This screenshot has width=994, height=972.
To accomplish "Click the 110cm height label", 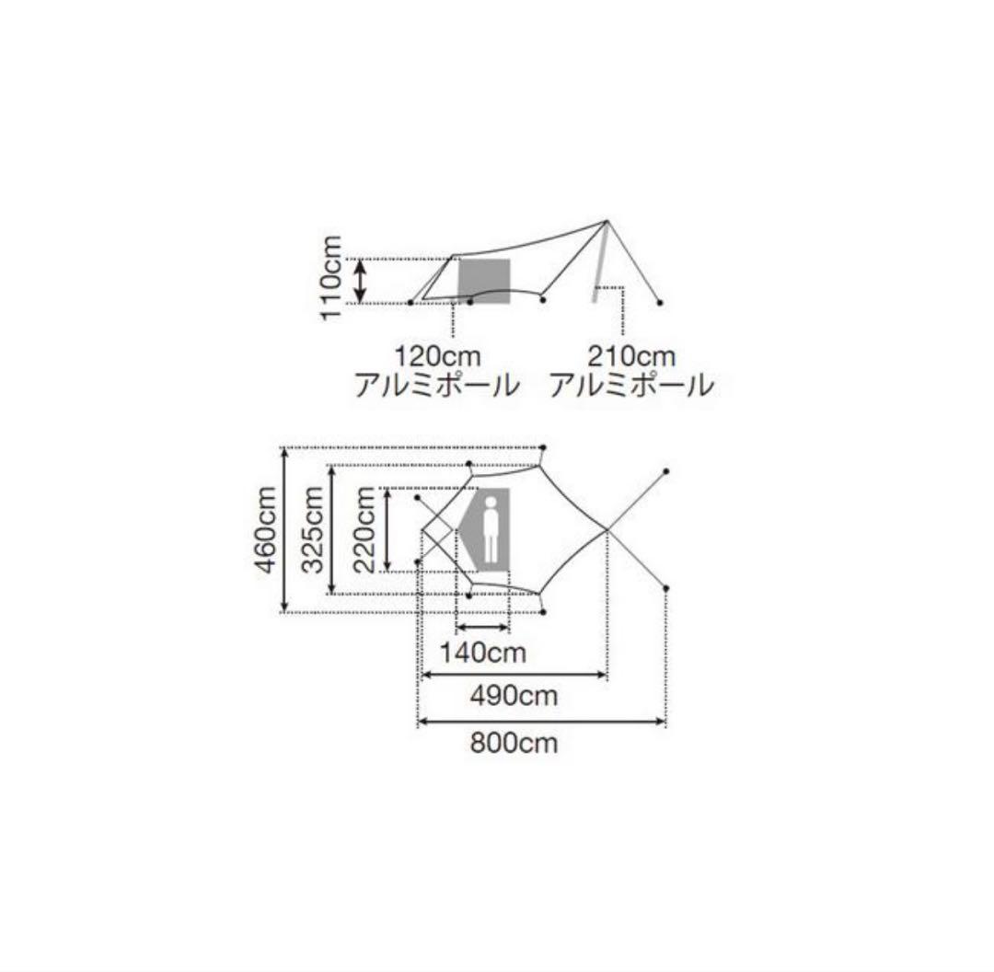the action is tap(331, 278).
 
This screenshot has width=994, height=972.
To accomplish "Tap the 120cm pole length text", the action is tap(438, 356).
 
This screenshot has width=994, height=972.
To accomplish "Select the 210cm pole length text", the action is tap(631, 356).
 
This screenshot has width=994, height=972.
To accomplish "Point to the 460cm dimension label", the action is tap(266, 530).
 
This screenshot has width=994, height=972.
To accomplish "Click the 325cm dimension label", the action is tap(312, 530).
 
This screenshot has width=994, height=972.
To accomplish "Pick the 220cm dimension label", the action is tap(364, 530).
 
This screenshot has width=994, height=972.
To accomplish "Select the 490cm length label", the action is tap(514, 696).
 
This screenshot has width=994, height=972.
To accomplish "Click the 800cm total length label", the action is tap(514, 743).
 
